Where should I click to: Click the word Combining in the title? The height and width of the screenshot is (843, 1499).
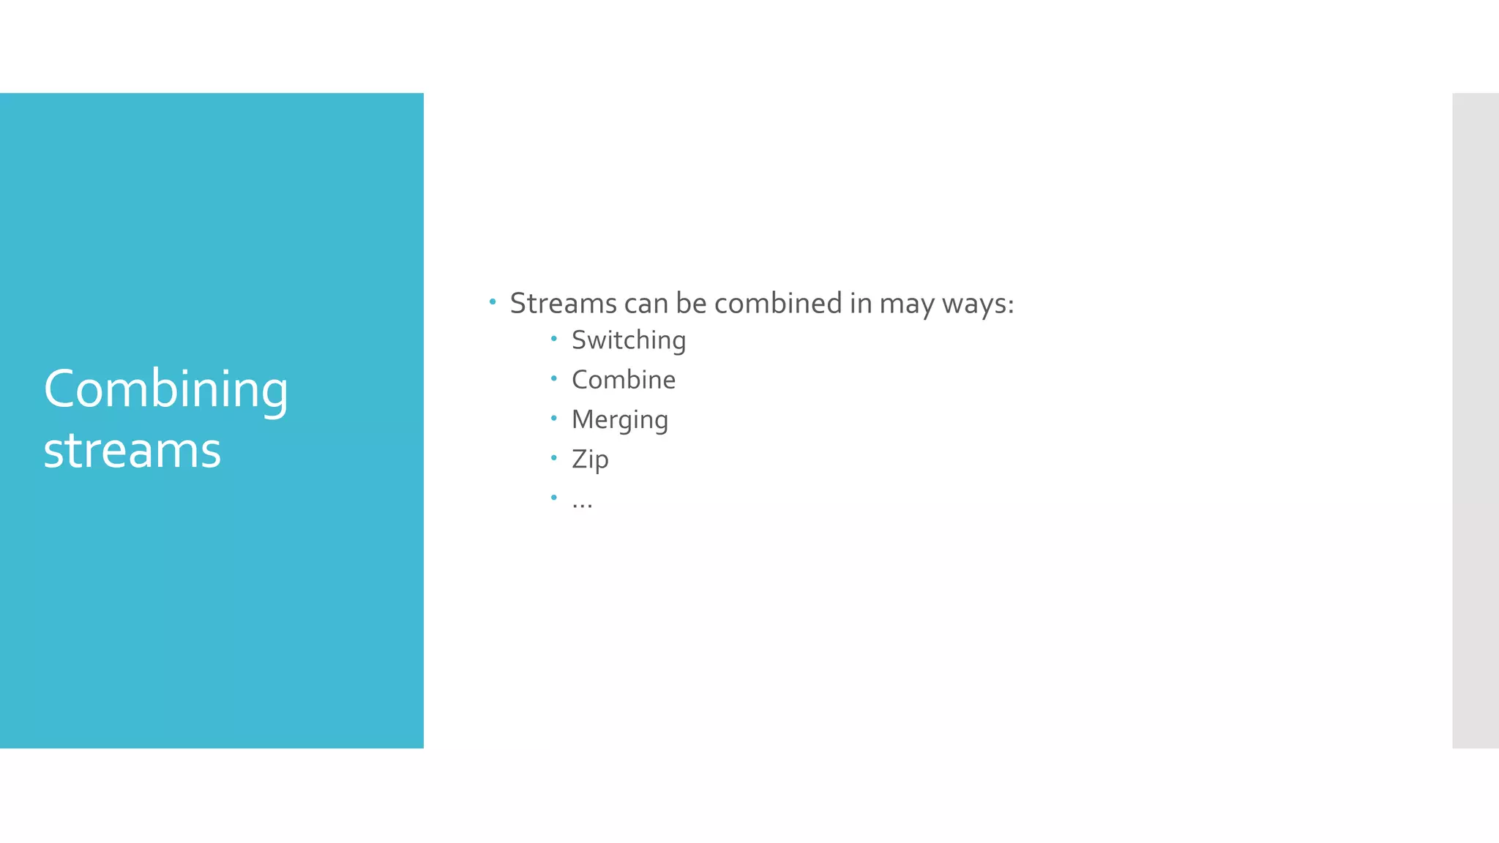point(166,389)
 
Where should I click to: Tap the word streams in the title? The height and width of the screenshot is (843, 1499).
point(132,450)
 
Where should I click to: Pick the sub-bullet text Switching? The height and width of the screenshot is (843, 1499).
point(629,341)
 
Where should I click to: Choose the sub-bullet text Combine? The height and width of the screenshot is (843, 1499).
point(624,380)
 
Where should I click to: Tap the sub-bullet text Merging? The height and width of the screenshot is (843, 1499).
point(620,420)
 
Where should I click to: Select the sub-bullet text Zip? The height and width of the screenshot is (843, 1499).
point(590,460)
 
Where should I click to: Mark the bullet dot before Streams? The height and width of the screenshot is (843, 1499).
point(493,301)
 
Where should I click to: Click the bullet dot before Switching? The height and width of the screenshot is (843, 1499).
point(554,339)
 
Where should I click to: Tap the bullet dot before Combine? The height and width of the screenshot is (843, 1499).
point(554,378)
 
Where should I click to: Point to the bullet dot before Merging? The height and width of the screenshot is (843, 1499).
point(554,418)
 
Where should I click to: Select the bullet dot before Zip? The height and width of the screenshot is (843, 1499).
point(554,458)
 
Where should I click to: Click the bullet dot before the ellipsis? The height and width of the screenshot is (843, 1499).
point(554,498)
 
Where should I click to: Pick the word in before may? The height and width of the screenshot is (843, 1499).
point(861,304)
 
